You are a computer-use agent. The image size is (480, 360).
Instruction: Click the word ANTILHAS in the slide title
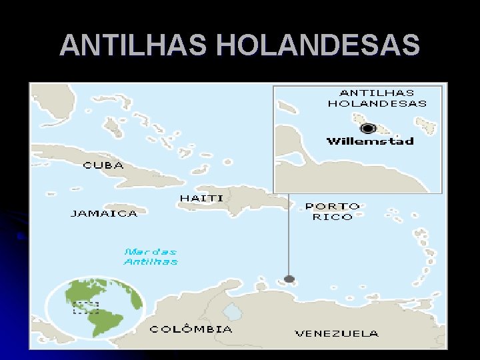134,45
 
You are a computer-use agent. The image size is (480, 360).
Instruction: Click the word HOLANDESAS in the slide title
318,45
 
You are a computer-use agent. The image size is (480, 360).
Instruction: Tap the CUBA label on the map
103,165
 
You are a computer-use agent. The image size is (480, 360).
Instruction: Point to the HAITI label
201,198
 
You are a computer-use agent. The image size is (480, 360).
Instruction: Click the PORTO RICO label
332,211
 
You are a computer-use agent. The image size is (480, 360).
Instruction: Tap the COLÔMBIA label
191,329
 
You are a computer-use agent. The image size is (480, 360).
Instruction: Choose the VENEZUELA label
337,333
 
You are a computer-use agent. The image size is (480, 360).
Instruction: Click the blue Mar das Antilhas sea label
151,257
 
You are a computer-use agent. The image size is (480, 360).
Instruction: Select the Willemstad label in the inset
370,141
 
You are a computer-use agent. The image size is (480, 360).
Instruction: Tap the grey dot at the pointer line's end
289,279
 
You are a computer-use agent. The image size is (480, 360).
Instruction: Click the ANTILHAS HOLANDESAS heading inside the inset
377,98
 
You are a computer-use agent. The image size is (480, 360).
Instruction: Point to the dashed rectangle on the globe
85,307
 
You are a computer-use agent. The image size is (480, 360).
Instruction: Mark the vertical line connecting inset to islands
289,233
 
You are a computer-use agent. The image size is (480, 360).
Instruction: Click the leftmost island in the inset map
287,107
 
